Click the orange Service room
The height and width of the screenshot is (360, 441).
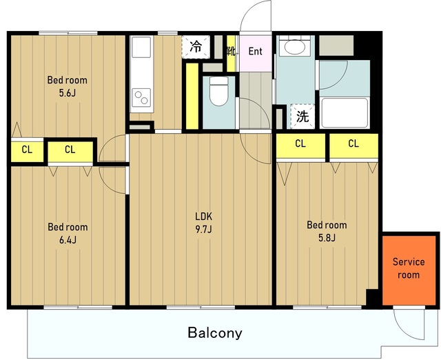point(409,270)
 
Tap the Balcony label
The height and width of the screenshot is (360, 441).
point(215,332)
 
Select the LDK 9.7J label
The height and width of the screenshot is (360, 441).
point(204,223)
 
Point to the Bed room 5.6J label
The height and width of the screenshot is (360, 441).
point(68,86)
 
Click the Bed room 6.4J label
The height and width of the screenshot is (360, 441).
point(68,233)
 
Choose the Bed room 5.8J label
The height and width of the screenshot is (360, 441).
point(327,231)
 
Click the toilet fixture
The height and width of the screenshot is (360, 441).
point(219,91)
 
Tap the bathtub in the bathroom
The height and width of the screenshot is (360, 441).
point(345,113)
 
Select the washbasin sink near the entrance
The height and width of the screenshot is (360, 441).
point(295,46)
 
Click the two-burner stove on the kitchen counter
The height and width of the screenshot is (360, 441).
point(141,98)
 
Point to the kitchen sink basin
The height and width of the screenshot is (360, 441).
point(141,47)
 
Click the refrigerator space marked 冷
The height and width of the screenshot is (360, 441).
point(196,47)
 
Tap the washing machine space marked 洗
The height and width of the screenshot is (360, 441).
point(302,117)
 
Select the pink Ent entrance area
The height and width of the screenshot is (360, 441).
point(256,53)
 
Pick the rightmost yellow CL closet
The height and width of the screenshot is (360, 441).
point(353,146)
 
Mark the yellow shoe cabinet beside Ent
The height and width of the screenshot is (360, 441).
point(231,53)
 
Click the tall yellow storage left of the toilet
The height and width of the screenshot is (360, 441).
point(192,97)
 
